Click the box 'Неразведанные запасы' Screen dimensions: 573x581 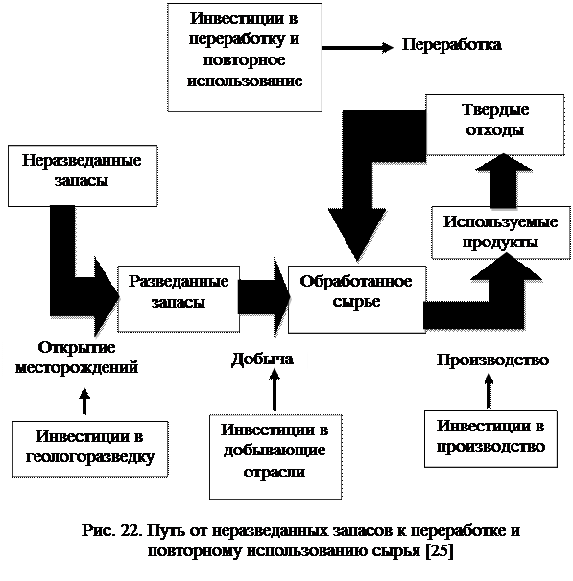83,175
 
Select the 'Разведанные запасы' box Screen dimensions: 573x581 179,298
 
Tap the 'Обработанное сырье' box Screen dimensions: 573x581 357,299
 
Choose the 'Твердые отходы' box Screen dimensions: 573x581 494,125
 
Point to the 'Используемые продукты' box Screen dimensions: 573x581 501,232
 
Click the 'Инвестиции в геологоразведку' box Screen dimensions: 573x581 90,449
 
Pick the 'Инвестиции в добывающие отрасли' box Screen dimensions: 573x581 275,456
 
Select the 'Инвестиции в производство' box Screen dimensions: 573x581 490,439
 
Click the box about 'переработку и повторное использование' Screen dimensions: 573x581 245,58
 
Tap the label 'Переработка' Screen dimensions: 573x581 452,45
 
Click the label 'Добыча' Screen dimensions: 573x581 263,359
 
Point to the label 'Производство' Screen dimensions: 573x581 492,360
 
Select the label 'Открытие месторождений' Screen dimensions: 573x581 77,358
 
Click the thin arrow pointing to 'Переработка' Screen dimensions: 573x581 357,47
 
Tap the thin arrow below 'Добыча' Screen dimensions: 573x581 275,391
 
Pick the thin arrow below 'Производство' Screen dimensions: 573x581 489,390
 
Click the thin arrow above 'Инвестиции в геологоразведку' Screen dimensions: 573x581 84,402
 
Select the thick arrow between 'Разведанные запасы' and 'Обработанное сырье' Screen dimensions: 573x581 264,297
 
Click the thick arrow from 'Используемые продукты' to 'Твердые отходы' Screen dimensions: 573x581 504,181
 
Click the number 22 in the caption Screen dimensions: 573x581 131,530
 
